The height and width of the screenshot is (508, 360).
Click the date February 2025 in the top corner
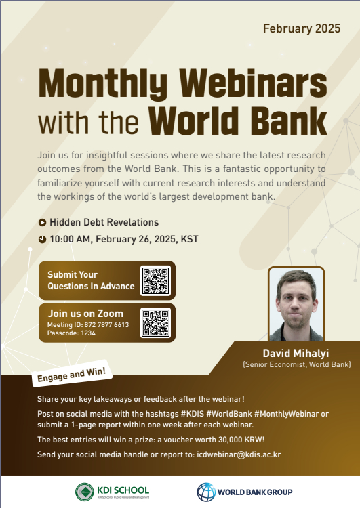[302, 28]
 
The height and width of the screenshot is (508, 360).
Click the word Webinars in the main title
[254, 83]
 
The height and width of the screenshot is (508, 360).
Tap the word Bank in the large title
[289, 121]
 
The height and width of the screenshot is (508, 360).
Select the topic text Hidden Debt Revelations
[104, 222]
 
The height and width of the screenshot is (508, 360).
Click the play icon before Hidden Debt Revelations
[42, 223]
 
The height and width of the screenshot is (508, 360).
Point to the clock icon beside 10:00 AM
[42, 239]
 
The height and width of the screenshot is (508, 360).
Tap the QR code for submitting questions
[156, 280]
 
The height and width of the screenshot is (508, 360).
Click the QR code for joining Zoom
[156, 322]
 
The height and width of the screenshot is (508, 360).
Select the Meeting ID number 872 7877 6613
[106, 324]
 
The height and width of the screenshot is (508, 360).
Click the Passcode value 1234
[88, 333]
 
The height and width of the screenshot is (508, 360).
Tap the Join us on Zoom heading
[85, 314]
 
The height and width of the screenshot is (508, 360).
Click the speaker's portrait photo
[296, 304]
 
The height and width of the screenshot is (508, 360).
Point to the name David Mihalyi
[296, 353]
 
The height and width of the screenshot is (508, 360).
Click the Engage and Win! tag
[72, 374]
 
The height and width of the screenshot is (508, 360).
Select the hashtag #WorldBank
[229, 414]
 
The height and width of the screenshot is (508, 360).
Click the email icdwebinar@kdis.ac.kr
[239, 454]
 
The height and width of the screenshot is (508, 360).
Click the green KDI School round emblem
[85, 492]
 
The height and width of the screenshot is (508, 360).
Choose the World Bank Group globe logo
[206, 492]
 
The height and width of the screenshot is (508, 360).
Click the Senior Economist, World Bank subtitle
[297, 365]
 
